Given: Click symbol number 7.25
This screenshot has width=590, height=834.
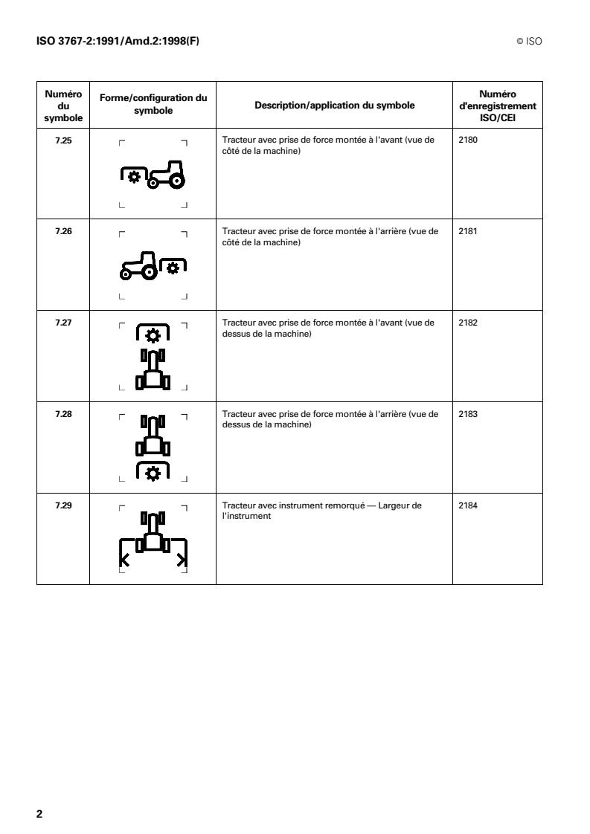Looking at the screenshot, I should pyautogui.click(x=63, y=140).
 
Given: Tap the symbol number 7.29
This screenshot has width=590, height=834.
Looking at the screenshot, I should pyautogui.click(x=63, y=505).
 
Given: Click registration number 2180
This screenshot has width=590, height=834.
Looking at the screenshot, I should pyautogui.click(x=468, y=140).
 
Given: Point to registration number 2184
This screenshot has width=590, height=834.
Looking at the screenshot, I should pyautogui.click(x=468, y=505).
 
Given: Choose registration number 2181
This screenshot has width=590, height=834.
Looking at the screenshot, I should pyautogui.click(x=468, y=232).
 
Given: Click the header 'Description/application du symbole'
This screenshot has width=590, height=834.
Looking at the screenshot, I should pyautogui.click(x=334, y=105).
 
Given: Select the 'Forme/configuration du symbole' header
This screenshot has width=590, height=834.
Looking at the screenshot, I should pyautogui.click(x=153, y=105).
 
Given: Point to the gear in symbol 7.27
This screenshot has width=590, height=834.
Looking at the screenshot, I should pyautogui.click(x=153, y=335).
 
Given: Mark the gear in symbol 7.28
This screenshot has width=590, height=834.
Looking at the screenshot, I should pyautogui.click(x=153, y=472).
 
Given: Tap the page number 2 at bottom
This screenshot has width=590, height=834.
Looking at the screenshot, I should pyautogui.click(x=39, y=813).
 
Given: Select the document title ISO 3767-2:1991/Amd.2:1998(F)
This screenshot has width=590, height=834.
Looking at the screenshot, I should pyautogui.click(x=118, y=42).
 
